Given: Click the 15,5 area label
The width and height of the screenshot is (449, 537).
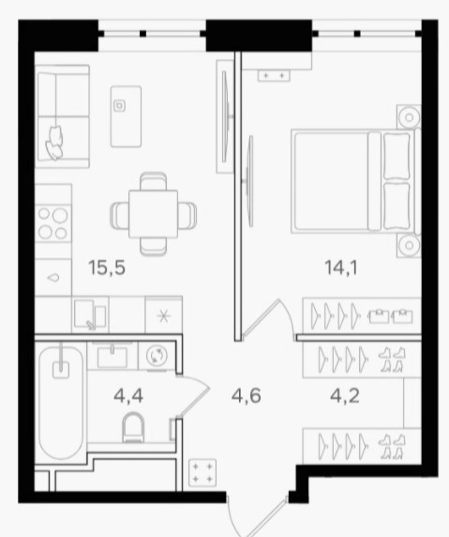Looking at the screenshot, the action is [x=107, y=268].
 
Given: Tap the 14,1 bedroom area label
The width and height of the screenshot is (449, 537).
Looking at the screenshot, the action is [x=341, y=268].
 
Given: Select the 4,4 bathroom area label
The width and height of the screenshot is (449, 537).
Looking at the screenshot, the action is [x=128, y=396].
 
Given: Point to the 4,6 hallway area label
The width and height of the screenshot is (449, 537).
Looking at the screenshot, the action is [x=247, y=396].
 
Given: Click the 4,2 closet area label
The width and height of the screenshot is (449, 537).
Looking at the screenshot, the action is [x=345, y=396].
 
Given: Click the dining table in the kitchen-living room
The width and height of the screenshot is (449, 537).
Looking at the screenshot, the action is [x=153, y=214].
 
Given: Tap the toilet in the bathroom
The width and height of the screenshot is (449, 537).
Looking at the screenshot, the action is [x=133, y=427].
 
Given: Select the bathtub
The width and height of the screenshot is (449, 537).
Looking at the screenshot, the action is [x=61, y=403].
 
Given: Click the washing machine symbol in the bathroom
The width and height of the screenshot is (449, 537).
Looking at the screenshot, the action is [x=157, y=355].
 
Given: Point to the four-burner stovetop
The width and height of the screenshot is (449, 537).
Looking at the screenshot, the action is [x=53, y=223].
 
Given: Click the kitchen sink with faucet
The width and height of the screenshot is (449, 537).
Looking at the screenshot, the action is [x=90, y=315].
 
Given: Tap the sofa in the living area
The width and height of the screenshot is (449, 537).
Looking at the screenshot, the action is [x=62, y=116].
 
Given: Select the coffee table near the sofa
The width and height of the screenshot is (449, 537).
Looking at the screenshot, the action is [x=126, y=116].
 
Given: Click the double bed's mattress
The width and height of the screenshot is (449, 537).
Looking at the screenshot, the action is [x=331, y=181].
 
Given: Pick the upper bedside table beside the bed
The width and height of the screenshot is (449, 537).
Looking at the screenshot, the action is [x=409, y=117].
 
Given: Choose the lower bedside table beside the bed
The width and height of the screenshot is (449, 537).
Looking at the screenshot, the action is [x=409, y=245].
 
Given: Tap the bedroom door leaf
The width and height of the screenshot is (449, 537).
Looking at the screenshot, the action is [x=262, y=317].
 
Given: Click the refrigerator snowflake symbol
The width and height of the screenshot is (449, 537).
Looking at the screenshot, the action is [x=163, y=315].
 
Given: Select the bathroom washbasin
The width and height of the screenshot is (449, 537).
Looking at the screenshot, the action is [x=112, y=356].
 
